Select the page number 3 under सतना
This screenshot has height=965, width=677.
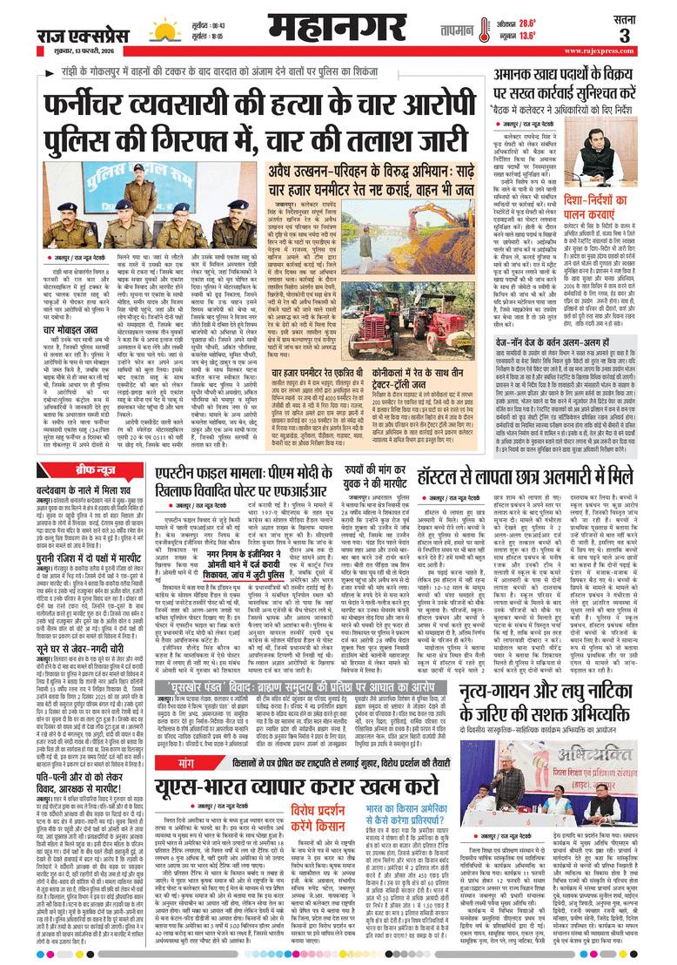point(648,37)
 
